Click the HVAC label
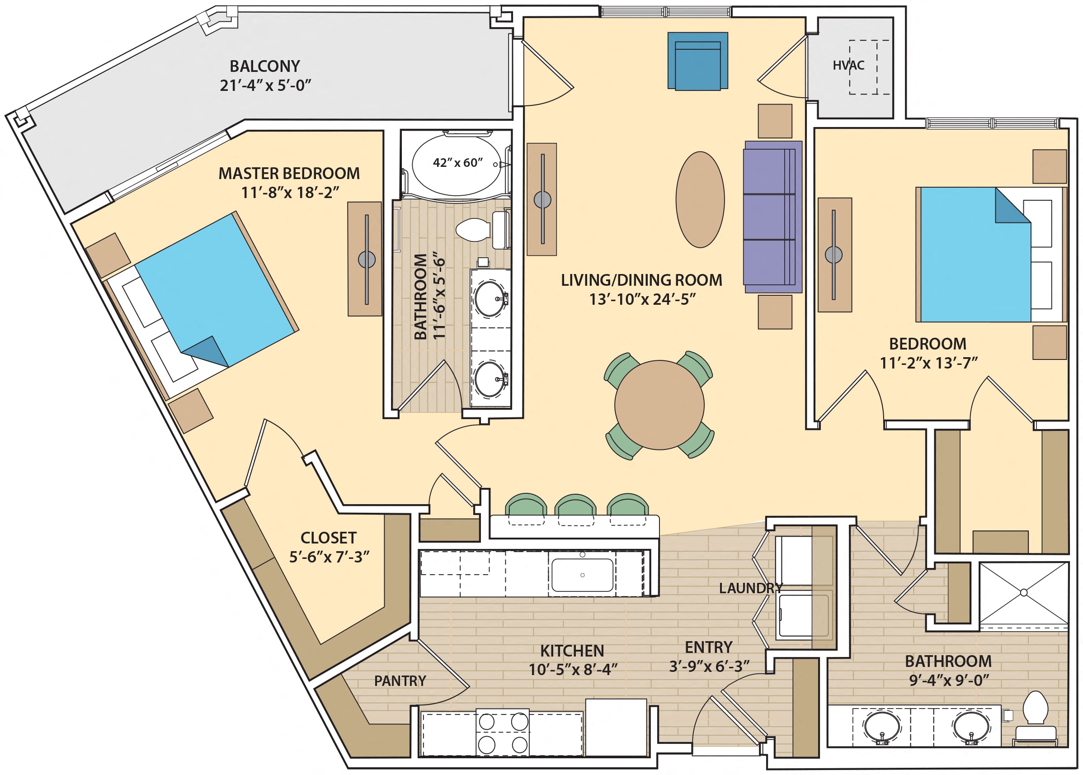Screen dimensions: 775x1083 point(848,66)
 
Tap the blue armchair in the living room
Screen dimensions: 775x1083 point(697,61)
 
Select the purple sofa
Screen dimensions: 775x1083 point(772,217)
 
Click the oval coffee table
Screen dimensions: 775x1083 point(700,199)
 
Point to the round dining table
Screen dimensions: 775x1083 point(659,405)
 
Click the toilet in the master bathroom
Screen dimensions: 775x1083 point(473,230)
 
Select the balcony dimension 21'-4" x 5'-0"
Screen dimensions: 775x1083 point(265,86)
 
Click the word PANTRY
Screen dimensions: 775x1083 point(400,681)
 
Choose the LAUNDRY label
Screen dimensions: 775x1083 point(750,588)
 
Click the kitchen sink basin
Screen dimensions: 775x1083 point(582,575)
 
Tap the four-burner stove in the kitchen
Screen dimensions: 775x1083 point(502,732)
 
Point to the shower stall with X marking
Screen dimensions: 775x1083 point(1023,593)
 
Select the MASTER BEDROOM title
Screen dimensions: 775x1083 point(289,173)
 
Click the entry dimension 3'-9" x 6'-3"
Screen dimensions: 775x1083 point(709,666)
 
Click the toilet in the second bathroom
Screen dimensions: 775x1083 point(1035,716)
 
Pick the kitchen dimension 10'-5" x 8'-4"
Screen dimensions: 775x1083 point(573,670)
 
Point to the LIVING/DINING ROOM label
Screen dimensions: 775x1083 point(641,280)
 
